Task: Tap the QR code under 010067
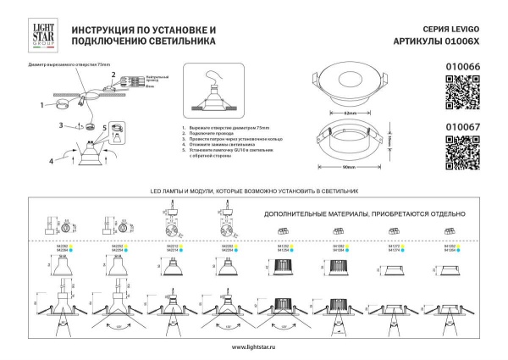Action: [x=462, y=152]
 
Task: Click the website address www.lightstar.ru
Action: [x=254, y=346]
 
